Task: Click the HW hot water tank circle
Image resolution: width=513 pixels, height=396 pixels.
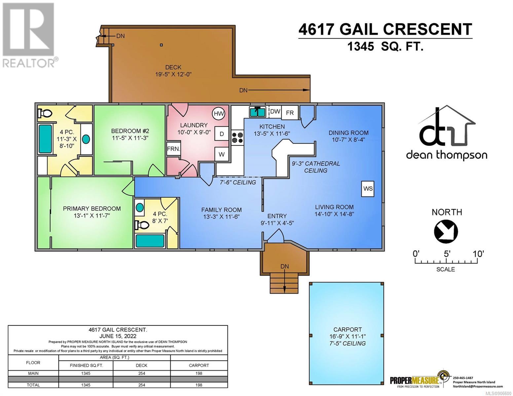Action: (x=218, y=114)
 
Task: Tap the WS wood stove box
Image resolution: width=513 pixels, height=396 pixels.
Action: (x=368, y=188)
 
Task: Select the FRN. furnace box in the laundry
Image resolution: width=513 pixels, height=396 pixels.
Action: (x=173, y=149)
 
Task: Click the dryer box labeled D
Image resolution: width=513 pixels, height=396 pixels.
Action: (x=221, y=134)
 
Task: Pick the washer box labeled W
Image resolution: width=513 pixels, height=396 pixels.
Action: (x=221, y=154)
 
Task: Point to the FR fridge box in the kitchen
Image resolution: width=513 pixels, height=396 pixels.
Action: (x=290, y=113)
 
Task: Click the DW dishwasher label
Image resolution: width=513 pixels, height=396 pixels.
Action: (x=275, y=111)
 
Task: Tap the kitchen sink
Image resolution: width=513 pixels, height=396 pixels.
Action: (x=258, y=112)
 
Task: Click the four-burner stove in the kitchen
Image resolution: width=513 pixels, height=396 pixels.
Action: (x=237, y=138)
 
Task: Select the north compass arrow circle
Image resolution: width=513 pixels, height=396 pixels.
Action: (x=446, y=231)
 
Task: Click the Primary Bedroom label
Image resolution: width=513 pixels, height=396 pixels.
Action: (x=92, y=209)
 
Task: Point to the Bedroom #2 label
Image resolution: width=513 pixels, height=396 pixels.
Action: (x=130, y=131)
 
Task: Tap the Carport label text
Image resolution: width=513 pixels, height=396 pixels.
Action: (x=347, y=329)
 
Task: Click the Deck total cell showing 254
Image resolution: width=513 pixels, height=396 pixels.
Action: (x=141, y=385)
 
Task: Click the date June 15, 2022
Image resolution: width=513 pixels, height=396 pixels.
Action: (x=118, y=336)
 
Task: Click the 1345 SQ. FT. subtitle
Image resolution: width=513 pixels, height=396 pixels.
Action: (x=385, y=46)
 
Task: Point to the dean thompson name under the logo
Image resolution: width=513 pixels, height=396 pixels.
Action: (x=446, y=155)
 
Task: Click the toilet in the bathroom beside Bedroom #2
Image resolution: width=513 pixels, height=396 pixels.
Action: (x=45, y=113)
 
